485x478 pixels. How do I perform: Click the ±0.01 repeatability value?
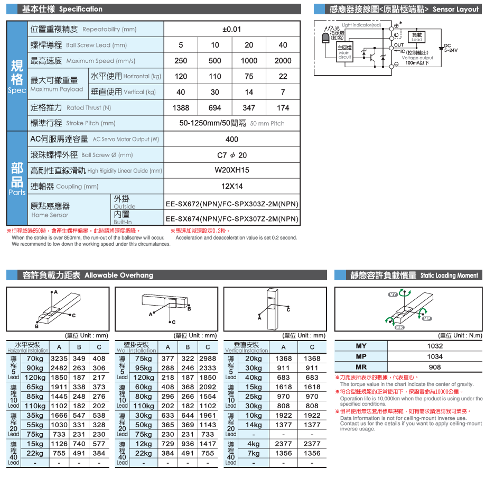coord(231,30)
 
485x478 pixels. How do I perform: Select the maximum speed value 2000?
coord(283,61)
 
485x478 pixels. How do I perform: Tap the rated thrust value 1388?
coord(181,108)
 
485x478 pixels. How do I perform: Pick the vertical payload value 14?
coord(249,92)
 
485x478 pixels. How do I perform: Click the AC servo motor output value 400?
coord(231,140)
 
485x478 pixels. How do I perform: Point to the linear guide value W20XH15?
coord(231,171)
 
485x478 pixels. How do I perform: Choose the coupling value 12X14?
coord(231,186)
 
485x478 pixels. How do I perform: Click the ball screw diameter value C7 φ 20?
coord(231,155)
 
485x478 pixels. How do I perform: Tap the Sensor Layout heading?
coord(404,9)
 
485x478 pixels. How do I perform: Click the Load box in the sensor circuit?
coord(417,37)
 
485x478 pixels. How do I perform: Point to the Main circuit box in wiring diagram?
coord(344,53)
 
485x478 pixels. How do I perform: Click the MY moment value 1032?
coord(435,346)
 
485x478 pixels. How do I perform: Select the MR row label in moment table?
coord(361,367)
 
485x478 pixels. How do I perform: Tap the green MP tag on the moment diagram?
coord(427,319)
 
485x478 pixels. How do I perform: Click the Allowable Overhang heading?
coord(87,275)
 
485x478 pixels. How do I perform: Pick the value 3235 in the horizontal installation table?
coord(59,358)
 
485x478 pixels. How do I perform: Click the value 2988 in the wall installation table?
coord(208,358)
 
